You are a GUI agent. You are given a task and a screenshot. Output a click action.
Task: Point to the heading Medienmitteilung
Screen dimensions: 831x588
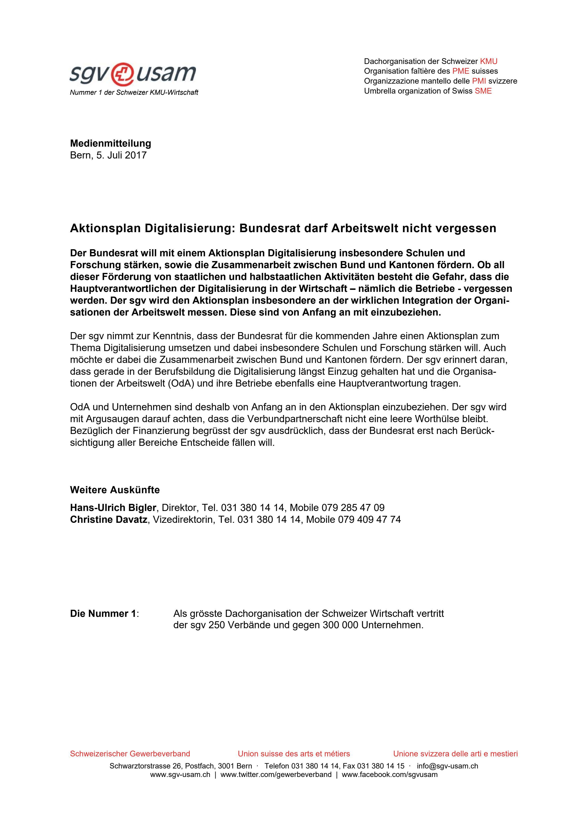pos(111,143)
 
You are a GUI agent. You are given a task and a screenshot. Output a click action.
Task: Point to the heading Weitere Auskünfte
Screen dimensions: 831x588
pos(115,490)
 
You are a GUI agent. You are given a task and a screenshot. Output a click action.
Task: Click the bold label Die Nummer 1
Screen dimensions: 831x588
pos(103,614)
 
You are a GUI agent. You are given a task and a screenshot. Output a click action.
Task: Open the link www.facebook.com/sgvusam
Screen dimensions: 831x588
pos(389,775)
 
